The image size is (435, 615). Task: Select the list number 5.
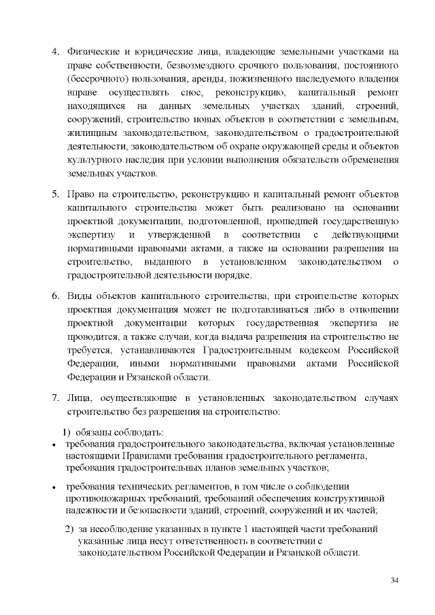coord(56,196)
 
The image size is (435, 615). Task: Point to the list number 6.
coord(56,297)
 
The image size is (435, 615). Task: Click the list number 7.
coord(56,398)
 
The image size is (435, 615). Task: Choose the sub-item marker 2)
coord(69,529)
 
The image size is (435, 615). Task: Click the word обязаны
coord(94,432)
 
